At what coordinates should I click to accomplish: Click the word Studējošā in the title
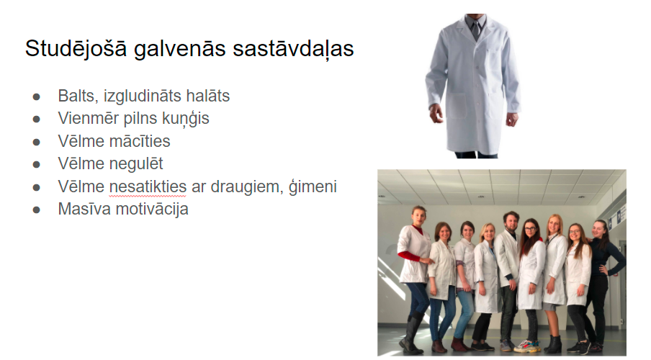[x=76, y=48]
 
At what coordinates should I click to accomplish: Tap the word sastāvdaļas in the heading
[x=293, y=48]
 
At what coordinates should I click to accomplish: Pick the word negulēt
[x=135, y=164]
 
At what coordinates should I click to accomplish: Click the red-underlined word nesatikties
[x=148, y=187]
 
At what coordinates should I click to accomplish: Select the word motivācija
[x=152, y=209]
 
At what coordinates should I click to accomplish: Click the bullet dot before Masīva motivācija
[x=37, y=210]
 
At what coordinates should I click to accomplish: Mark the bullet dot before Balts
[x=37, y=97]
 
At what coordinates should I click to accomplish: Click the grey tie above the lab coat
[x=475, y=28]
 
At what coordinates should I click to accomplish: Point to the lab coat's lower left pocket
[x=455, y=106]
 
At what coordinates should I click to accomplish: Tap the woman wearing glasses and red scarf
[x=531, y=282]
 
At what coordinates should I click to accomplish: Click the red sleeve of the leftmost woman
[x=409, y=256]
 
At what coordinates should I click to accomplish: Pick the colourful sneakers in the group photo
[x=527, y=346]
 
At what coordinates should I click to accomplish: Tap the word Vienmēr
[x=88, y=118]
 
